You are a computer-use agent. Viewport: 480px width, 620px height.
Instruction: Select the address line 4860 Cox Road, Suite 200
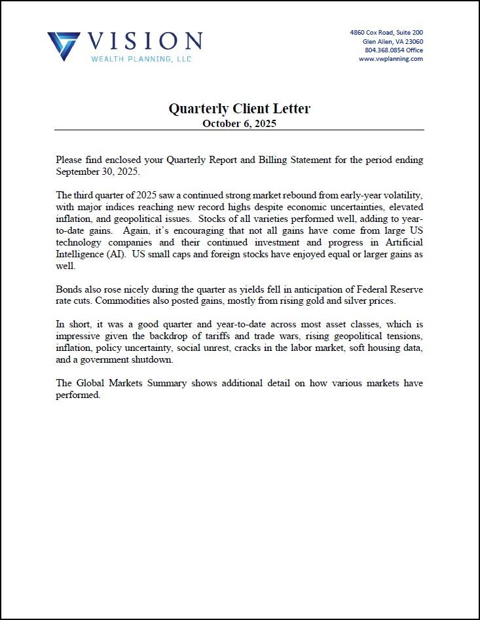[x=386, y=32]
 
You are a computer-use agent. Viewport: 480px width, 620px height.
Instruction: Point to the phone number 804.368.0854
[x=384, y=50]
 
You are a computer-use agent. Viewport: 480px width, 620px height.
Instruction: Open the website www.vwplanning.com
[x=390, y=58]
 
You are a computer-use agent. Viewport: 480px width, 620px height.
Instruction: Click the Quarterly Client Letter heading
[x=239, y=109]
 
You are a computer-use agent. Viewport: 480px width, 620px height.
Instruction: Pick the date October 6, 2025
[x=239, y=123]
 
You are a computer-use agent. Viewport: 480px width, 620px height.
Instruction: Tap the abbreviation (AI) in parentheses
[x=116, y=254]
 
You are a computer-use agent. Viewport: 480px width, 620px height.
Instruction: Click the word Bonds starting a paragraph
[x=69, y=289]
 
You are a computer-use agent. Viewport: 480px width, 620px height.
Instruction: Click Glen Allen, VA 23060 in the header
[x=393, y=41]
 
